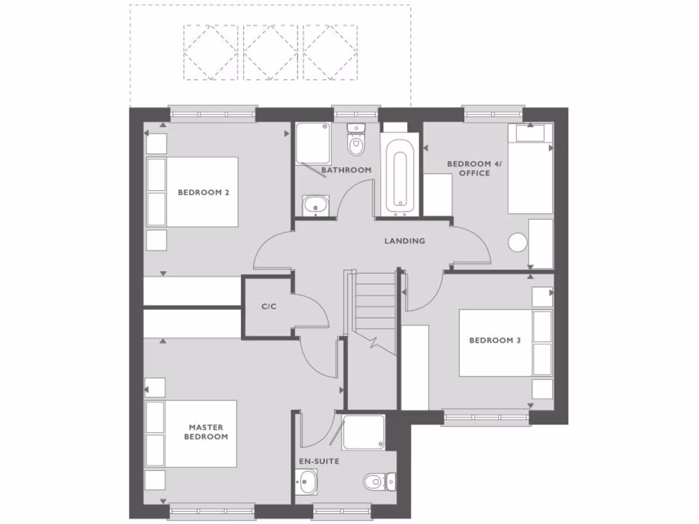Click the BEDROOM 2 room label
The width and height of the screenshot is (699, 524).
[203, 192]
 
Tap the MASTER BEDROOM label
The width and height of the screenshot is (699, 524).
[206, 432]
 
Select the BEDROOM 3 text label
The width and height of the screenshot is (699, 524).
[495, 340]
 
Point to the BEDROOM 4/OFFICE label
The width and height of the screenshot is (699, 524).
[468, 169]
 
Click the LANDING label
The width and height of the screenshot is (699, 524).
[404, 241]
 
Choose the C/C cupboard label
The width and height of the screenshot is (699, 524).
[268, 306]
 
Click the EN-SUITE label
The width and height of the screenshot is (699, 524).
[319, 461]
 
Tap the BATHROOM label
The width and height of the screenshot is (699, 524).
[346, 170]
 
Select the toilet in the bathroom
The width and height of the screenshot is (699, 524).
[356, 143]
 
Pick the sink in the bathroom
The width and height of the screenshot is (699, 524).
[315, 204]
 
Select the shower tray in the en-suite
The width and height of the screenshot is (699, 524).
[364, 433]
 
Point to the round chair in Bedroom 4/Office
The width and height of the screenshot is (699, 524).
[518, 243]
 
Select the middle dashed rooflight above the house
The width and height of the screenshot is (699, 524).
[271, 53]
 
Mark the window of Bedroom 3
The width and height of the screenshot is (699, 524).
[485, 418]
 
